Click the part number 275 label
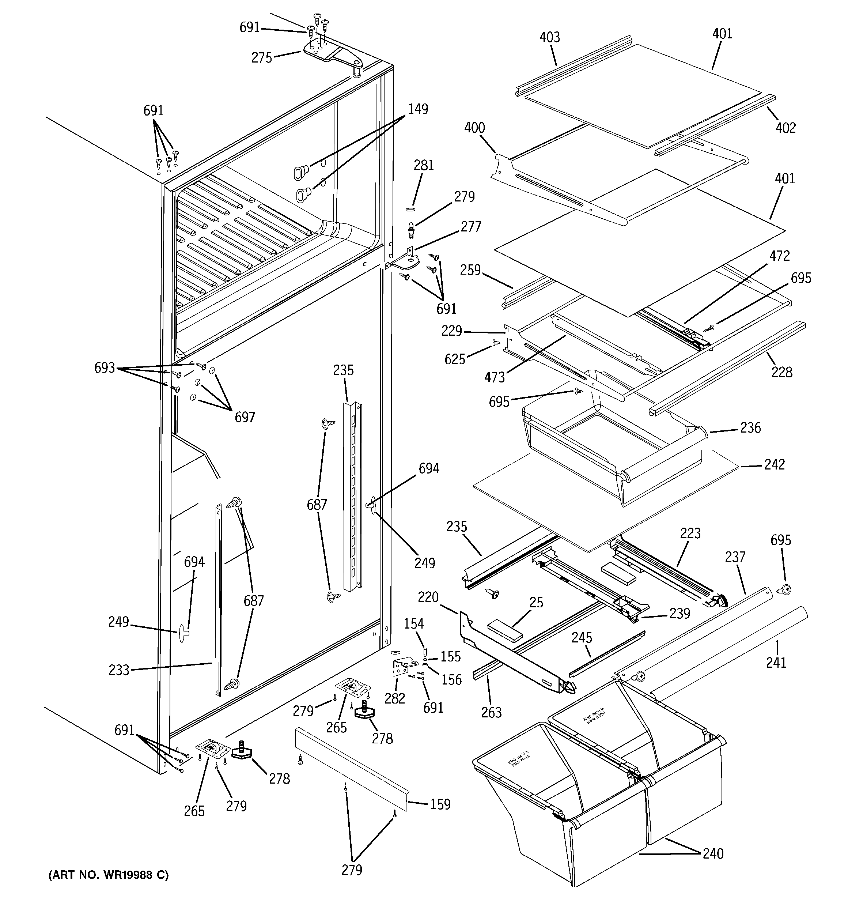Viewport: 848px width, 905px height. tap(262, 58)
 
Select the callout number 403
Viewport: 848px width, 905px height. tap(549, 37)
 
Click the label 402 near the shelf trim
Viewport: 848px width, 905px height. tap(785, 128)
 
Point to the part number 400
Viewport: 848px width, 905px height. tap(474, 128)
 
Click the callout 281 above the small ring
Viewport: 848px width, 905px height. tap(424, 165)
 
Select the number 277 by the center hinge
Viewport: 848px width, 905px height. tap(471, 226)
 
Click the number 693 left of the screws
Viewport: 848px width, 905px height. tap(105, 368)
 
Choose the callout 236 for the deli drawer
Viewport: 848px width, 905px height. tap(750, 427)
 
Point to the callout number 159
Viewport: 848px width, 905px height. tap(440, 804)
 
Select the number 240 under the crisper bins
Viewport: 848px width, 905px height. tap(713, 853)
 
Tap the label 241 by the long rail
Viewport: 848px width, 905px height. tap(776, 662)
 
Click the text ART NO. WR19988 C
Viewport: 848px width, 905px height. tap(108, 875)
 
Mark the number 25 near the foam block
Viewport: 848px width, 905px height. tap(536, 602)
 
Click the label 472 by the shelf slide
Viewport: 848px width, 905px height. tap(779, 256)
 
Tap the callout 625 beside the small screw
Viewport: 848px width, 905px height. tap(455, 359)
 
